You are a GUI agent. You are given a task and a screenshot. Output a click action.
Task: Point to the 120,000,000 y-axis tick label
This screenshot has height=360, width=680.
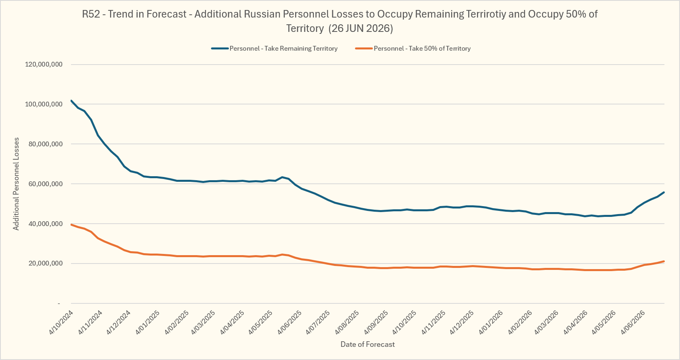click(x=44, y=64)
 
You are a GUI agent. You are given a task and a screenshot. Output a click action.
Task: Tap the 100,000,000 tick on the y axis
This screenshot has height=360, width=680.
click(x=44, y=104)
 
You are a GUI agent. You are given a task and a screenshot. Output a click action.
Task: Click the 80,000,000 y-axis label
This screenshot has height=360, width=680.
click(x=45, y=144)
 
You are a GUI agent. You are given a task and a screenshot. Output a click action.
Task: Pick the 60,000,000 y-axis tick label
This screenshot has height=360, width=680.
click(x=45, y=184)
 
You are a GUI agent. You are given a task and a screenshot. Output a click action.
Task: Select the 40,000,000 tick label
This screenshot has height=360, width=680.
click(x=45, y=224)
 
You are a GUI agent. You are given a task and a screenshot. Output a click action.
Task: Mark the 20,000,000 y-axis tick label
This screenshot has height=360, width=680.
click(x=45, y=264)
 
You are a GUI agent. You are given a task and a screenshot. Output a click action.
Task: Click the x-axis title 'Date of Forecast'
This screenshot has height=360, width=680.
click(x=368, y=344)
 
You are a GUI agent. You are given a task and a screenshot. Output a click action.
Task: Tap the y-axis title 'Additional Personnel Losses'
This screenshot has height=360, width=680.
click(x=16, y=184)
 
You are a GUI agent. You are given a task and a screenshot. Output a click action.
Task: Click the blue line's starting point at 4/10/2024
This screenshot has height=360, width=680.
click(x=71, y=100)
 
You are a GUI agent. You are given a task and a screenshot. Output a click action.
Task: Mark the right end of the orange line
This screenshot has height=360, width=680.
click(x=664, y=262)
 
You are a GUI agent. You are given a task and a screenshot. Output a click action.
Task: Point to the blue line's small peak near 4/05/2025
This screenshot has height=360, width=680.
click(x=282, y=177)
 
